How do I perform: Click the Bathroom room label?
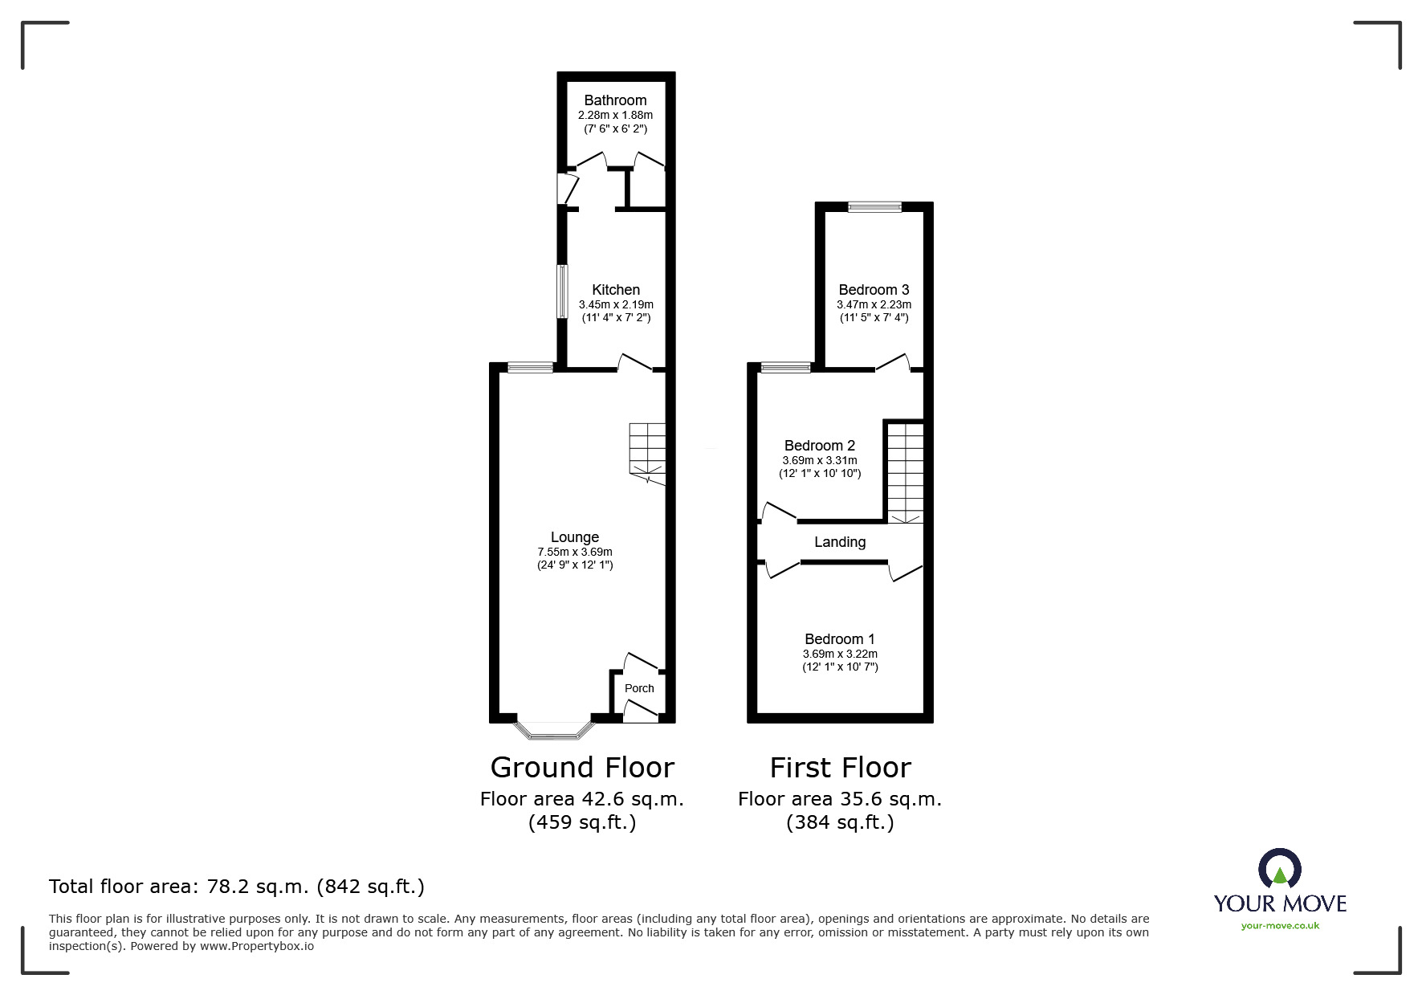click(615, 100)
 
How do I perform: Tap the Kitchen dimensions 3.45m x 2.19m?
click(616, 305)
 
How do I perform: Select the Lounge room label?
click(574, 537)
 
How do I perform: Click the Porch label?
click(639, 688)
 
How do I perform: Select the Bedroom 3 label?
click(874, 290)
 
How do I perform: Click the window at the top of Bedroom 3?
click(875, 207)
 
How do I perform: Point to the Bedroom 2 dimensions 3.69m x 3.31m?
click(820, 461)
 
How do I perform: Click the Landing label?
click(840, 542)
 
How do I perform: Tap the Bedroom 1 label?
click(840, 639)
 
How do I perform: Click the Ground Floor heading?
click(582, 768)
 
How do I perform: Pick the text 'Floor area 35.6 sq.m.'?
click(840, 799)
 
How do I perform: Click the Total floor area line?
click(237, 887)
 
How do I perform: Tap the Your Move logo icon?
click(1279, 869)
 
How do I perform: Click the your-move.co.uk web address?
click(1280, 926)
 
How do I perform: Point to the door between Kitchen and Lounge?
click(634, 364)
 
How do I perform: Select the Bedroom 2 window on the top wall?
click(786, 369)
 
